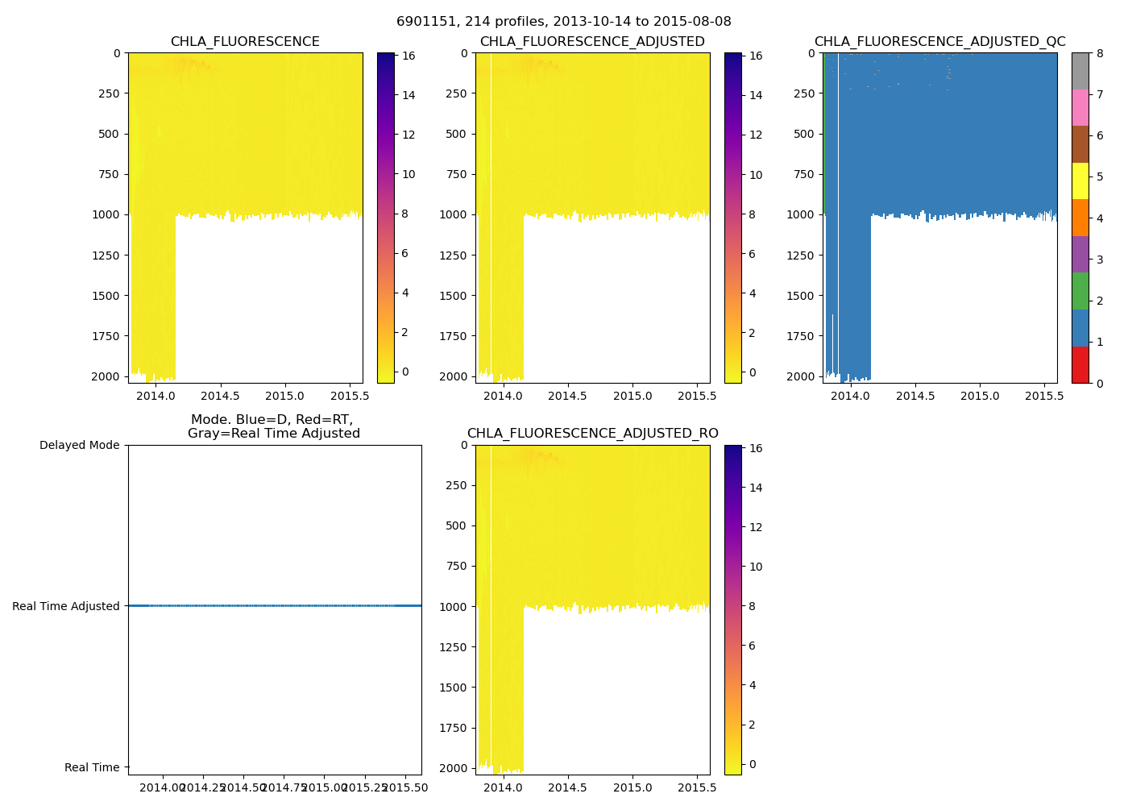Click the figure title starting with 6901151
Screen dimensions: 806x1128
564,22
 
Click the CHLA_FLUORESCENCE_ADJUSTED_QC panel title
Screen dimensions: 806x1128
939,42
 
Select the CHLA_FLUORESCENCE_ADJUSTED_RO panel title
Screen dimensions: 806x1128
592,434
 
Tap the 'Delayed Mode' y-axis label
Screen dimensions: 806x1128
79,445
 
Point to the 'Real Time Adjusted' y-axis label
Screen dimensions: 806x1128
65,606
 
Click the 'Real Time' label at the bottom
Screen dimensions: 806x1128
92,767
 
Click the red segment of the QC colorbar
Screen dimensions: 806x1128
1080,365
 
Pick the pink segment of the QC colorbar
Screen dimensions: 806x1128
1080,108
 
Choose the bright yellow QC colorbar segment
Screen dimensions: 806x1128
1080,181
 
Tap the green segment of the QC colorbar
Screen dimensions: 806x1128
1080,291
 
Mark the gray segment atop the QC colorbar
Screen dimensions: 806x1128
1080,71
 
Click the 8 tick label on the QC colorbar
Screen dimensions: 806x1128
1100,53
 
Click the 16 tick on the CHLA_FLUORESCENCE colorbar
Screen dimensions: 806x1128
408,56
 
